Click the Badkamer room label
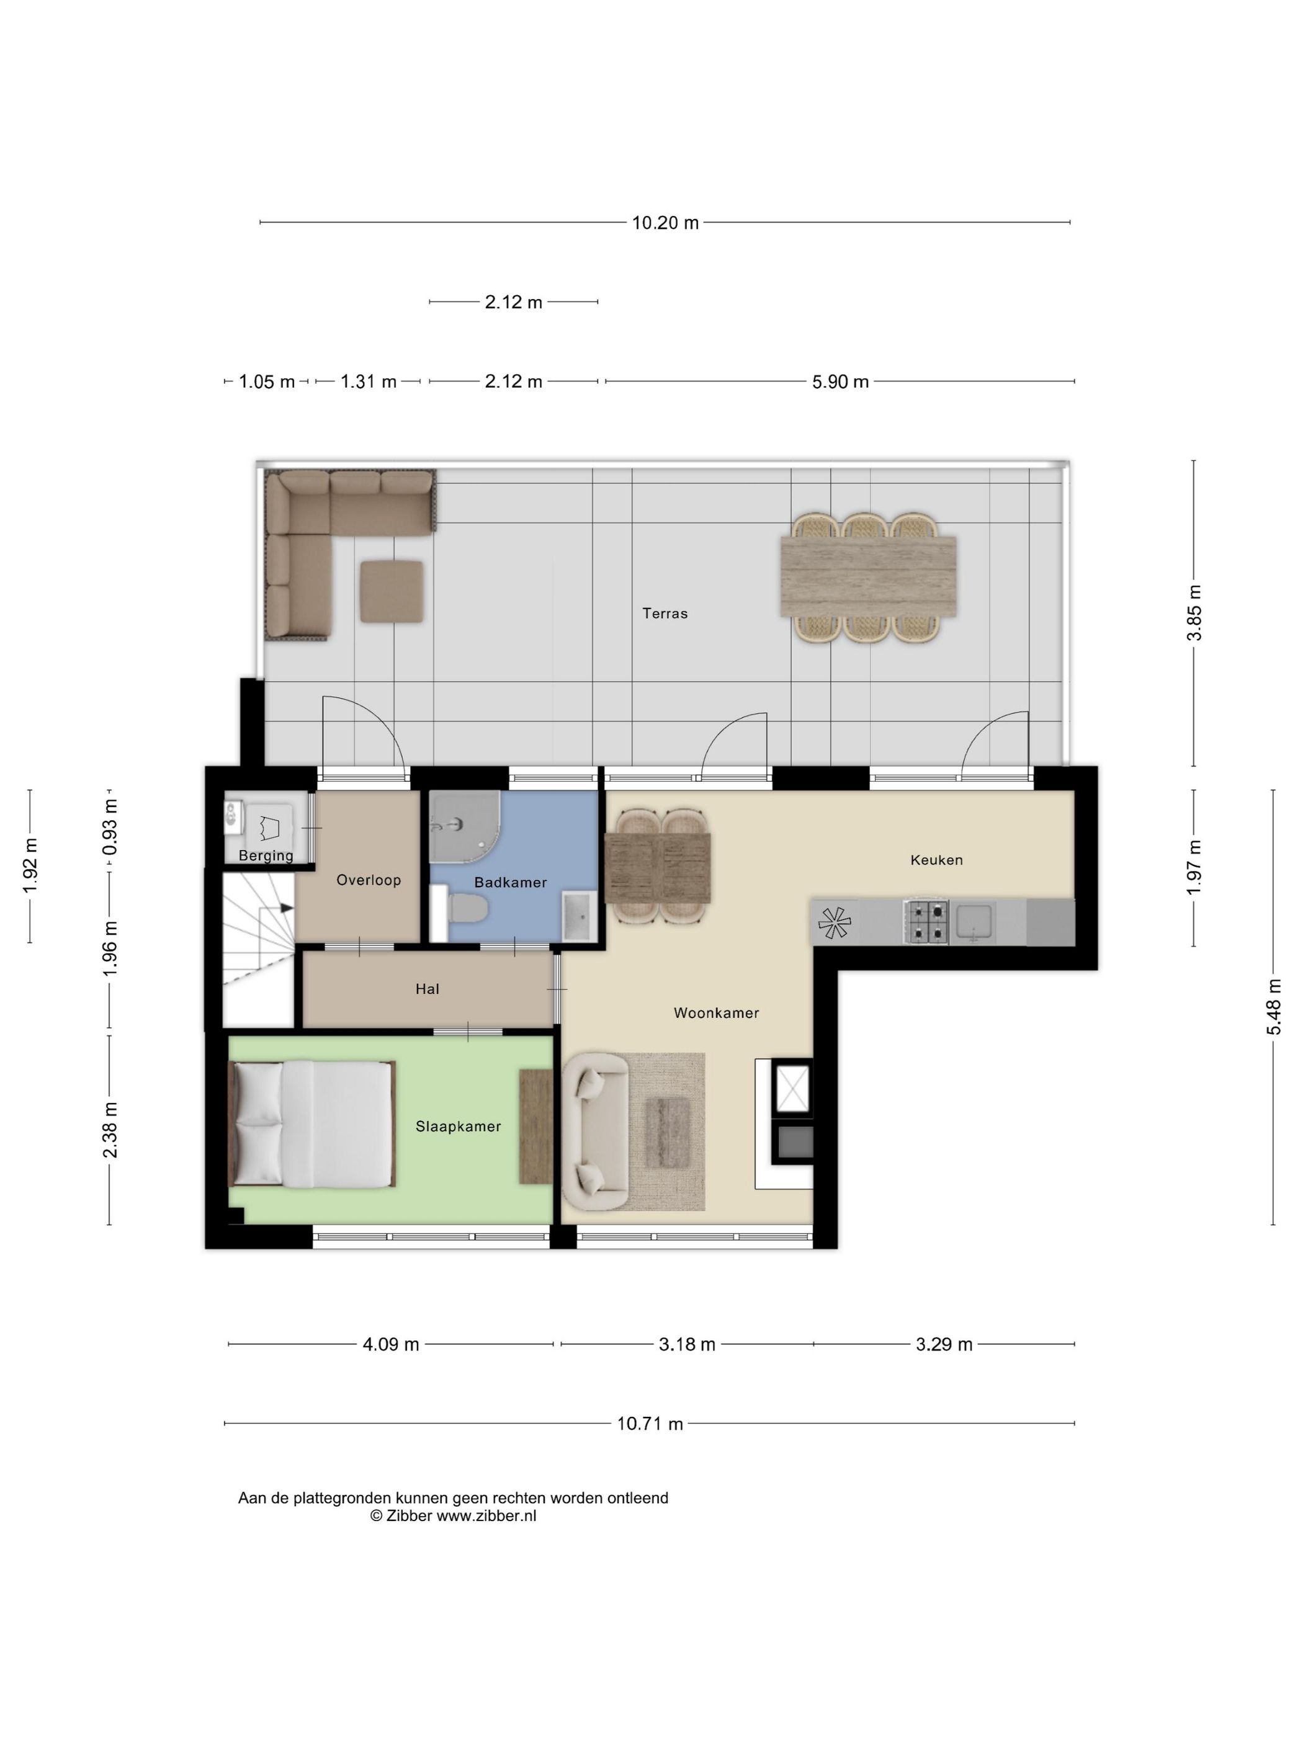tap(511, 883)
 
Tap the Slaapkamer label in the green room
tap(458, 1127)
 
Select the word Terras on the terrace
tap(665, 614)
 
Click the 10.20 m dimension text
tap(665, 223)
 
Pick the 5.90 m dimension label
tap(840, 382)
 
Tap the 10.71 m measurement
tap(650, 1424)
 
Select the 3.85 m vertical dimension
tap(1194, 612)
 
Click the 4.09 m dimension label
tap(390, 1344)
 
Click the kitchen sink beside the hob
tap(972, 921)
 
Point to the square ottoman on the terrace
tap(392, 592)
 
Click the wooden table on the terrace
tap(868, 576)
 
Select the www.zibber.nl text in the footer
tap(486, 1516)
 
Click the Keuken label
tap(936, 860)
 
